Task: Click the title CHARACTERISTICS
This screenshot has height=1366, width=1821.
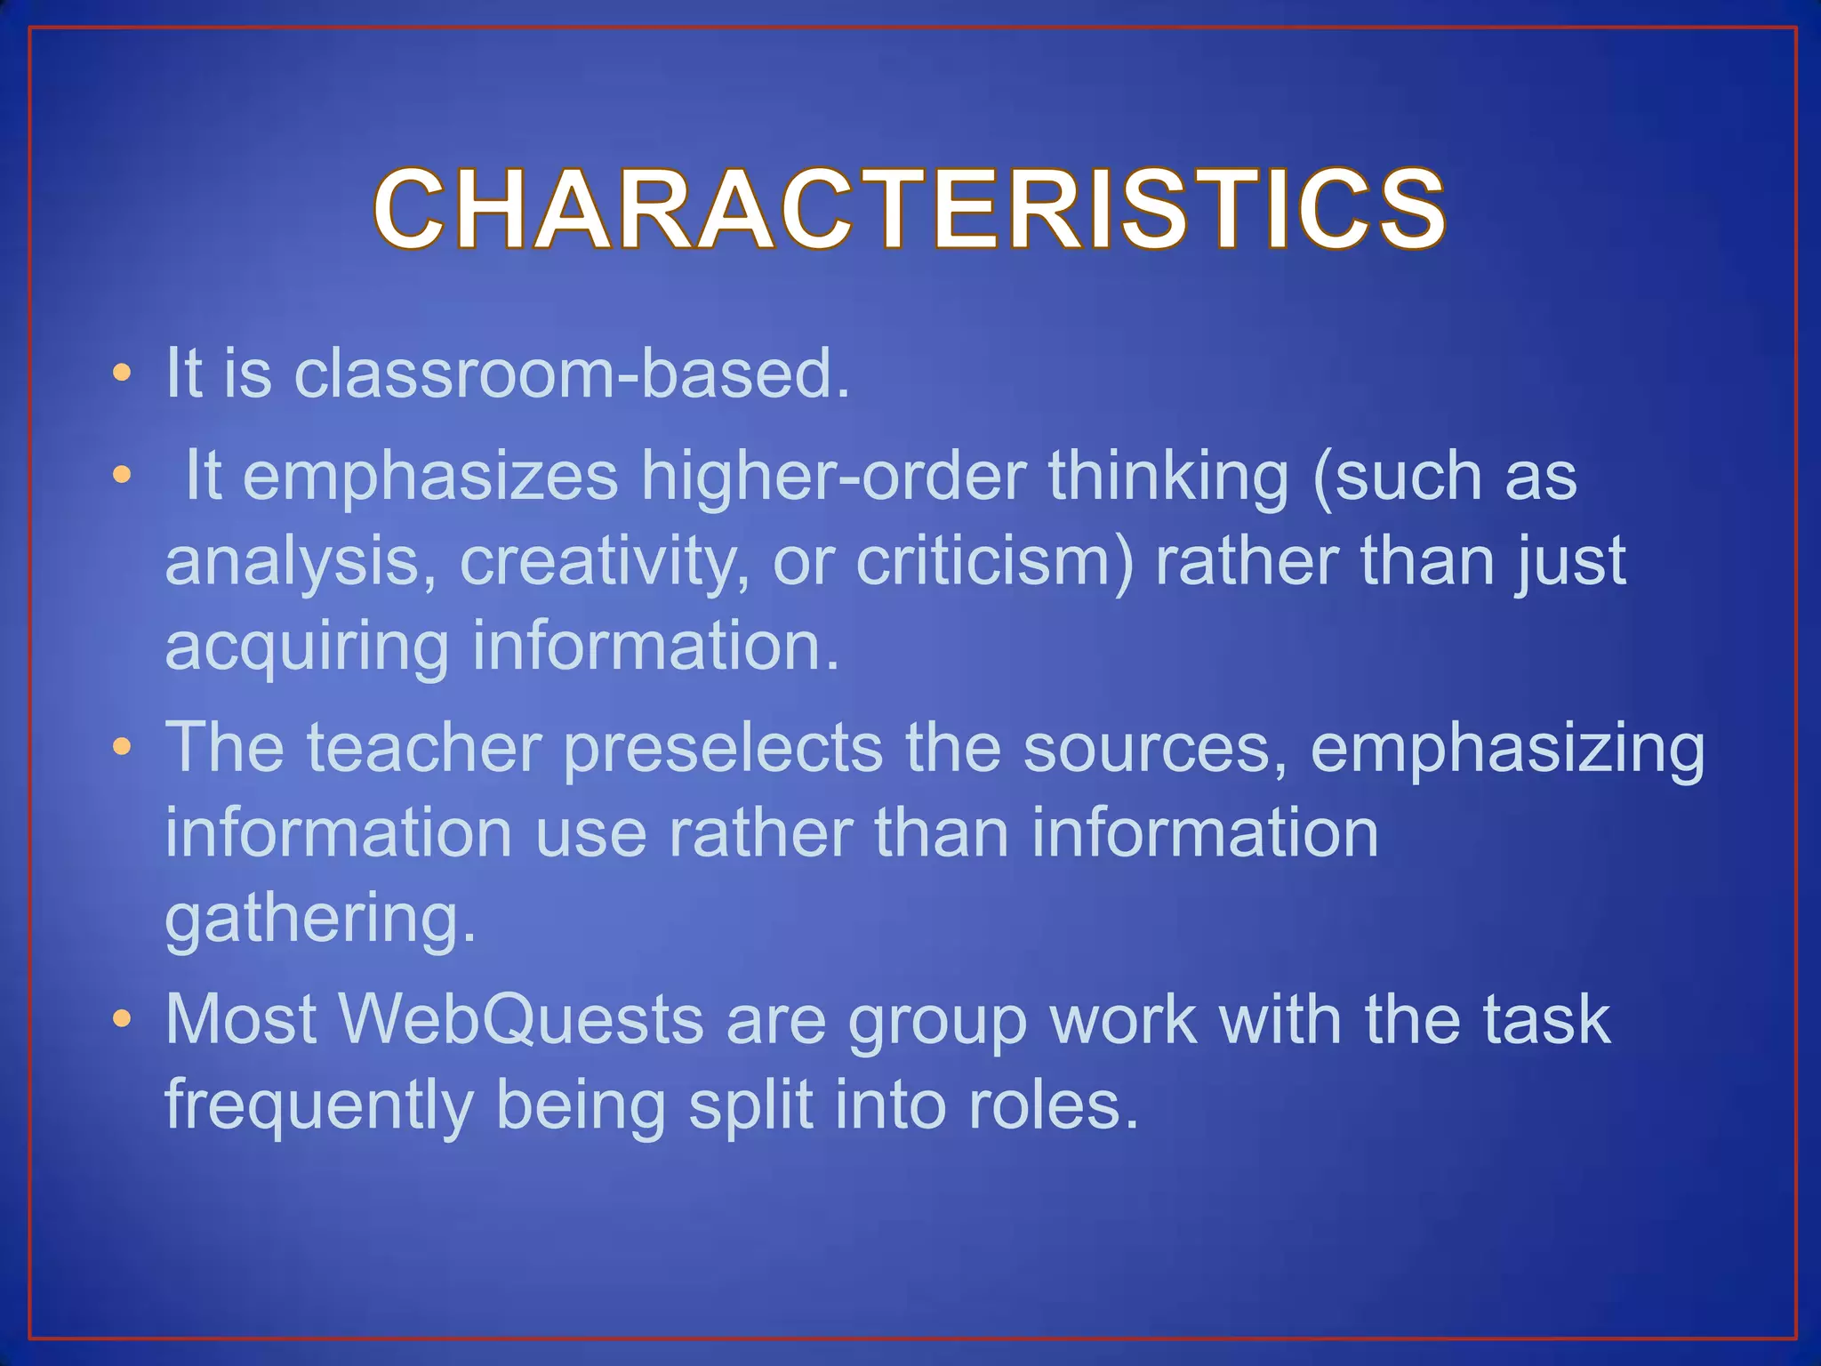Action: point(909,210)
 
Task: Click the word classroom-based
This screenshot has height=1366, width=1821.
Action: point(571,374)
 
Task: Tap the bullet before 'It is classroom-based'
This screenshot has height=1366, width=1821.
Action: point(122,374)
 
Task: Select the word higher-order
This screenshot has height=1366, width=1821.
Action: point(834,477)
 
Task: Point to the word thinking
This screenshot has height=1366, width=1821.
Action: point(1167,477)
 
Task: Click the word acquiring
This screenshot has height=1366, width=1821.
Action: point(308,647)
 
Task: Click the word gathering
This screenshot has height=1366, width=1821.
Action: point(320,920)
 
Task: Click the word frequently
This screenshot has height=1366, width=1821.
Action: point(318,1106)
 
